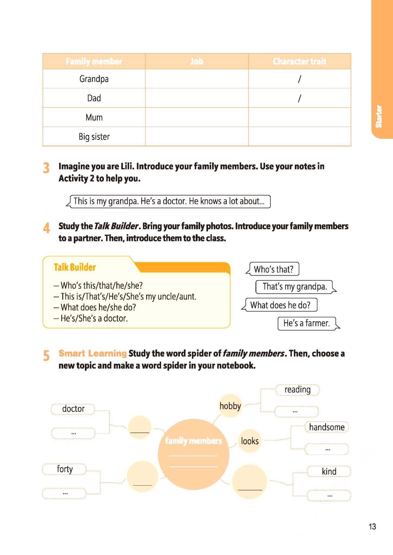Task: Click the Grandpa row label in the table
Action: pos(94,79)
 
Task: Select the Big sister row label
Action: pos(94,136)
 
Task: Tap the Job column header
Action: pos(197,62)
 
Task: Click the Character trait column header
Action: pos(299,62)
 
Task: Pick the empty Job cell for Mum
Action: pos(197,117)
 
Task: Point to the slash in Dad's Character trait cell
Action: pos(299,98)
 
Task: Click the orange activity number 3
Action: pos(46,168)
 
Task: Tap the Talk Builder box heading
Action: pos(75,267)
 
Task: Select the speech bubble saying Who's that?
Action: pos(274,269)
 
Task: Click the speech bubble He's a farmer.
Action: pos(307,323)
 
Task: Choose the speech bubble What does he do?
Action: pos(280,305)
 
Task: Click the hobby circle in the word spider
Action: pos(230,406)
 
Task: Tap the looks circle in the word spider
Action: pos(250,441)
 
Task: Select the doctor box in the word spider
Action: pos(73,409)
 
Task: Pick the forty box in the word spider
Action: pos(65,469)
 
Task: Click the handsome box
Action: pos(327,427)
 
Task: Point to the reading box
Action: pos(297,390)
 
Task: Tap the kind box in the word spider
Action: pos(329,471)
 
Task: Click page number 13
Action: pos(372,527)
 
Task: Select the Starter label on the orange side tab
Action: pos(379,117)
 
